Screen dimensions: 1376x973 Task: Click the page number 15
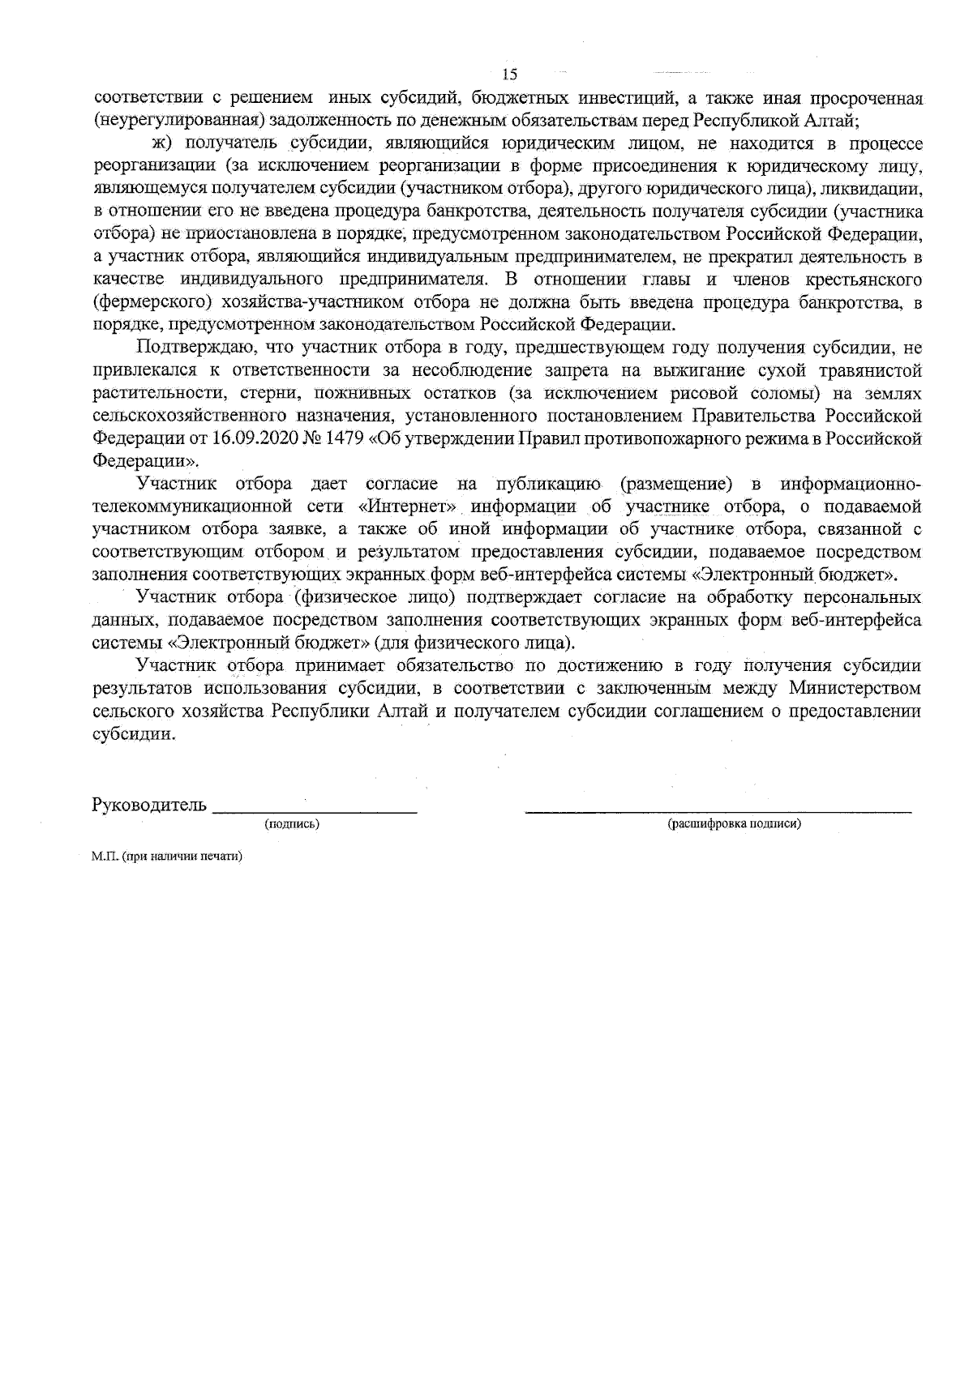click(510, 75)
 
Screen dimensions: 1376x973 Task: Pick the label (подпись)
click(292, 824)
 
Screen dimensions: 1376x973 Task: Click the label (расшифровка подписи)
click(735, 824)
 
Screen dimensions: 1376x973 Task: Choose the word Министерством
click(855, 688)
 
